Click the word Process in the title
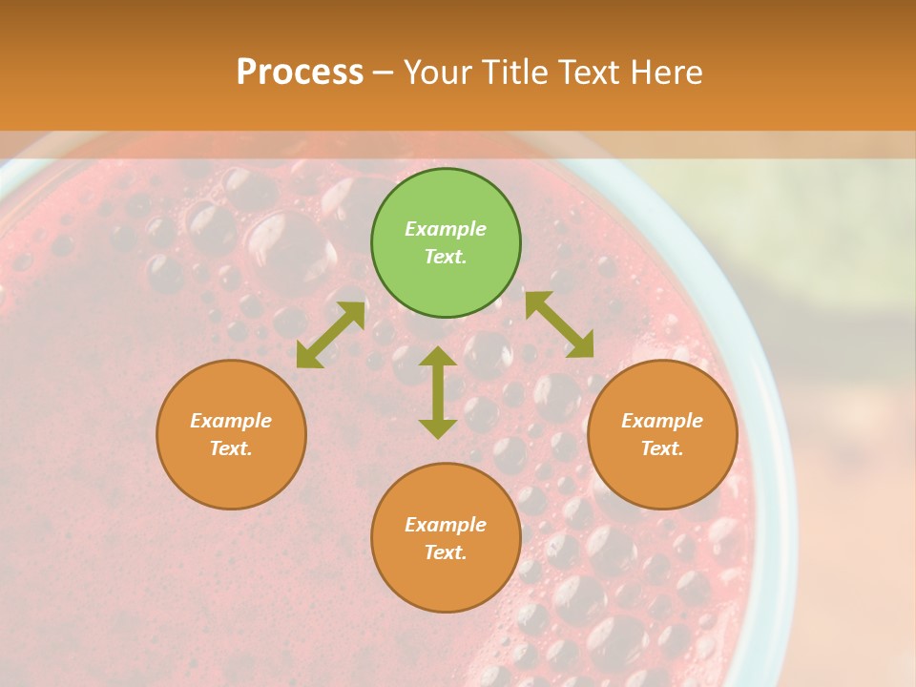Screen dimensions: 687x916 tap(300, 73)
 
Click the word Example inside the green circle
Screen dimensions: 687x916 tap(446, 229)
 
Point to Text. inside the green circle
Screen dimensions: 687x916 tap(446, 257)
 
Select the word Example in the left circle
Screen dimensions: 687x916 tap(231, 421)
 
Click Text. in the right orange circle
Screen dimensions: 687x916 tap(662, 448)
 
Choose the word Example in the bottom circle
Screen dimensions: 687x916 tap(446, 525)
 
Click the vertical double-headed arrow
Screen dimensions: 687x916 tap(438, 392)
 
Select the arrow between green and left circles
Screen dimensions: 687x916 tap(330, 335)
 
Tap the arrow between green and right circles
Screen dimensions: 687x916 tap(559, 324)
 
